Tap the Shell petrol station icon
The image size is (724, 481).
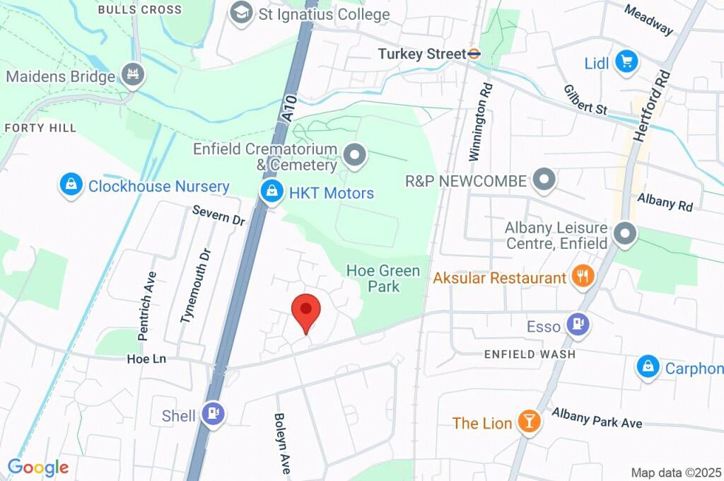pos(213,415)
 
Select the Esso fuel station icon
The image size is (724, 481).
pos(578,325)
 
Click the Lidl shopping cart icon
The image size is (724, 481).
pos(625,62)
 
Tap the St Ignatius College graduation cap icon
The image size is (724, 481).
pos(243,13)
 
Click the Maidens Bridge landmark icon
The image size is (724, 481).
pos(132,75)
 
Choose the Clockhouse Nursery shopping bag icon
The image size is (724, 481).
pos(70,186)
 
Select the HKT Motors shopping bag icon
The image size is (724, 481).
pos(270,192)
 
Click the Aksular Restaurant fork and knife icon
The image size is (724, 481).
pos(583,277)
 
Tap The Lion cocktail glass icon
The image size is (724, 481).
pos(527,422)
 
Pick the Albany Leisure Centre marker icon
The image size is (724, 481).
pos(625,234)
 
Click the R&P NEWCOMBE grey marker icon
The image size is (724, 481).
pos(544,180)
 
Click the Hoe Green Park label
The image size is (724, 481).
pos(383,279)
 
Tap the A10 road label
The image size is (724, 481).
pos(286,112)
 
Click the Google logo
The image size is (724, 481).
pos(37,468)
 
